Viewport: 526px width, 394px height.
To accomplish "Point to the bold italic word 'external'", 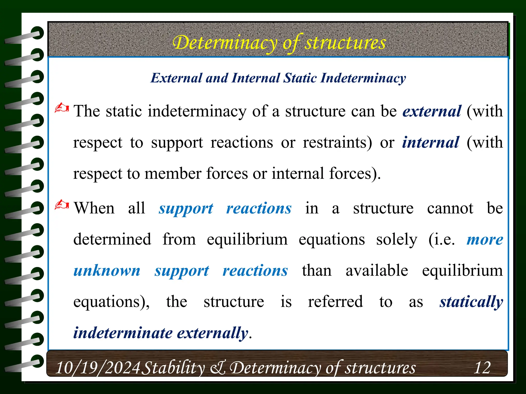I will tap(432, 111).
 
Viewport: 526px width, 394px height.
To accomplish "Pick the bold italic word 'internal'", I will tap(430, 142).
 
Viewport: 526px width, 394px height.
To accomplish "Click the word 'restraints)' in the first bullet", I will tap(337, 142).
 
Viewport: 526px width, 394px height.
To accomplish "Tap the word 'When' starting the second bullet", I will tap(94, 208).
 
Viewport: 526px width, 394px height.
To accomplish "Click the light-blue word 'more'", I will tap(485, 240).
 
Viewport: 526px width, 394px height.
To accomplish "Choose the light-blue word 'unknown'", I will tap(107, 271).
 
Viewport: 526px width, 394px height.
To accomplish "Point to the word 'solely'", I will tap(397, 240).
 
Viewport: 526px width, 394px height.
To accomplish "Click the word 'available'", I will tap(377, 271).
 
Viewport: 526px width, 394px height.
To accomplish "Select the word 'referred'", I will tap(335, 302).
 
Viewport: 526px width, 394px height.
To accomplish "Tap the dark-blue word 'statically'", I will tap(471, 302).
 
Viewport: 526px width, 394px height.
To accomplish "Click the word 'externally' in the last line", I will tap(213, 333).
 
